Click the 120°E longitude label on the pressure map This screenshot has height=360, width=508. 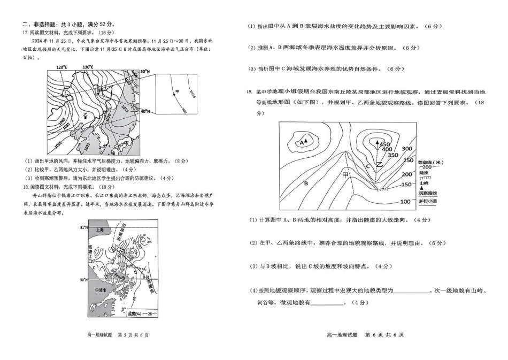tap(62, 67)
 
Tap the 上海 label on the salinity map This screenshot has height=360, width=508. tap(97, 230)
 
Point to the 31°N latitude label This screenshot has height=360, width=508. tap(82, 227)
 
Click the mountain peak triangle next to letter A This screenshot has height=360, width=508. tap(307, 142)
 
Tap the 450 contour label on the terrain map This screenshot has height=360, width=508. tap(385, 144)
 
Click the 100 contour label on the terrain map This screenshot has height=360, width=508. tap(405, 202)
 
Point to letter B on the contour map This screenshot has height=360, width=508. tap(306, 183)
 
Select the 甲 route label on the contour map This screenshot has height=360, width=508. tap(345, 174)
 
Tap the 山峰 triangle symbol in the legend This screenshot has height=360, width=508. tap(421, 188)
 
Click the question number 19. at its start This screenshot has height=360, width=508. tap(249, 91)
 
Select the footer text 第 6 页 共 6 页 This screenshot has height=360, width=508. tap(384, 335)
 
